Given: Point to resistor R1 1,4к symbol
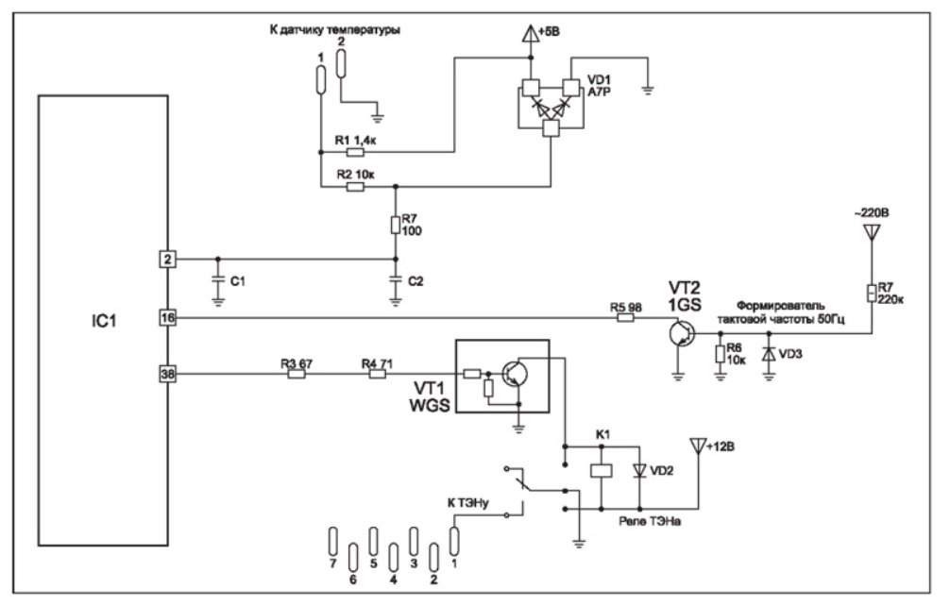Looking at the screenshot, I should click(x=355, y=151).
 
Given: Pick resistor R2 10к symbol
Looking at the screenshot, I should click(x=355, y=187).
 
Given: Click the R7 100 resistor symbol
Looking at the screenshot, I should click(x=395, y=225).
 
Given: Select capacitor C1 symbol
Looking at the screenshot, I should click(x=218, y=280).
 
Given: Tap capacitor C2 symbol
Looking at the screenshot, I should click(x=395, y=280).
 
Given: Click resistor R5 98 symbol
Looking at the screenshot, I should click(x=625, y=319).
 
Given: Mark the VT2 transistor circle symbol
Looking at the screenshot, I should click(x=677, y=332).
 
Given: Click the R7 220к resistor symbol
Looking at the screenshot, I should click(x=874, y=292).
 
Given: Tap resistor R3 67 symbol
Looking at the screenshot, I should click(x=297, y=375).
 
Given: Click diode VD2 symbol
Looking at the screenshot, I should click(x=639, y=470).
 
